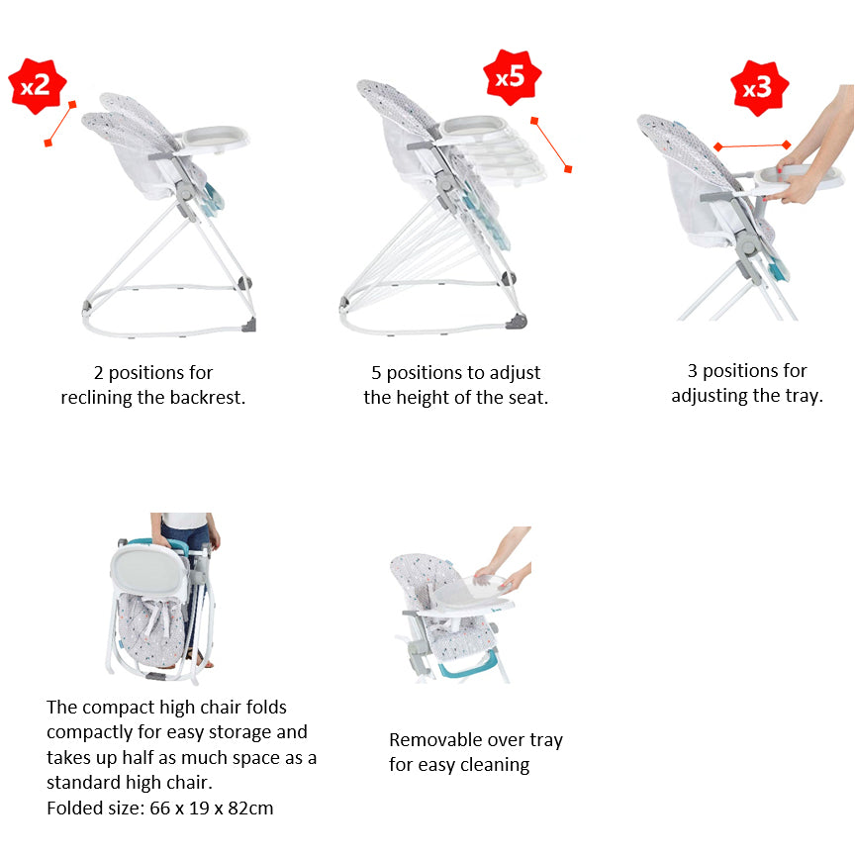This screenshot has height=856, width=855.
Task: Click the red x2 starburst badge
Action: point(37,85)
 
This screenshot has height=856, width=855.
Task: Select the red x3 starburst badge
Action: point(757,88)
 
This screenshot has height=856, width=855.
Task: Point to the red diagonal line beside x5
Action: point(550,144)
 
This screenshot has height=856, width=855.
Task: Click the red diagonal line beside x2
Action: point(59,123)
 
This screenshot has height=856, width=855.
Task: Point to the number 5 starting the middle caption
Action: point(376,373)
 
